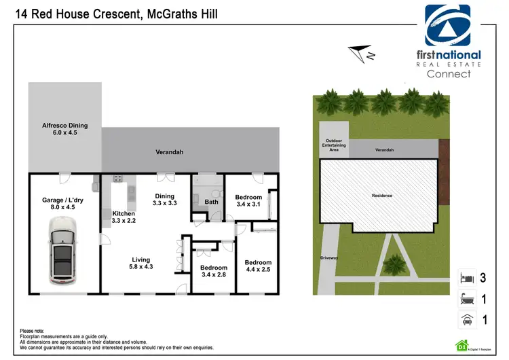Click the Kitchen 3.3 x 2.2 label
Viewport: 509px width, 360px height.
tap(124, 217)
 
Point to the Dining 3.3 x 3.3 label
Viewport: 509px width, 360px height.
tap(164, 199)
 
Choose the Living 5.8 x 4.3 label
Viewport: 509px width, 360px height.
tap(141, 263)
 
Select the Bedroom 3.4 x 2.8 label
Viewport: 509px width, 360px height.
tap(214, 272)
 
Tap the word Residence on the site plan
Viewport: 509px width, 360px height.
tap(381, 196)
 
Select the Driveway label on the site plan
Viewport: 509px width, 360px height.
tap(329, 258)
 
